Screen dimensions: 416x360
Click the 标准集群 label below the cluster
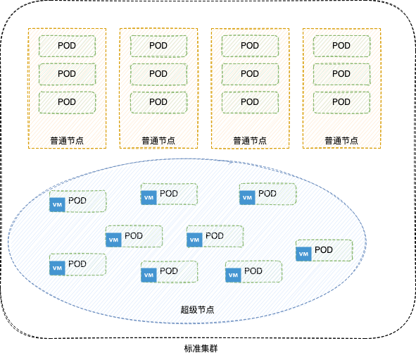(x=201, y=348)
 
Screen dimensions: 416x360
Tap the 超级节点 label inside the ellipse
(x=197, y=309)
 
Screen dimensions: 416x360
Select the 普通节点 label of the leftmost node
(x=67, y=140)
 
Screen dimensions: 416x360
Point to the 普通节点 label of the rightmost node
(x=341, y=140)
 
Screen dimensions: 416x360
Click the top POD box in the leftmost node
(x=67, y=46)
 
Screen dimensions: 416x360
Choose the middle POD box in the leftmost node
(x=67, y=74)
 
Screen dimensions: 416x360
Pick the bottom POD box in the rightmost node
(x=341, y=102)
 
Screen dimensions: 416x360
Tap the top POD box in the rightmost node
(x=341, y=46)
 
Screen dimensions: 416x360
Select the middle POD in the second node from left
(x=158, y=74)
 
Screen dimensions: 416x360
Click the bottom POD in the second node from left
(x=158, y=102)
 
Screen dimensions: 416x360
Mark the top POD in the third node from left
(x=250, y=46)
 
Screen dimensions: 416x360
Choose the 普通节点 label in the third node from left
(x=250, y=140)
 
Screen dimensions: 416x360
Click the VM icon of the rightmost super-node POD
(x=303, y=254)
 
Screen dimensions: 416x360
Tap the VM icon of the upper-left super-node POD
(x=57, y=204)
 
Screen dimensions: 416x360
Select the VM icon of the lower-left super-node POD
(x=57, y=268)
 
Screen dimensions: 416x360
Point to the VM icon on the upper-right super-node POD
(x=247, y=197)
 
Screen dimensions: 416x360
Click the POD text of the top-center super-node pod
(x=169, y=194)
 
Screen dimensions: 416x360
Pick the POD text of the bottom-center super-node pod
(x=169, y=271)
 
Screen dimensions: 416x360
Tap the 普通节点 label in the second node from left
(x=158, y=140)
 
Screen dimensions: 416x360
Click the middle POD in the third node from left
(x=250, y=74)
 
